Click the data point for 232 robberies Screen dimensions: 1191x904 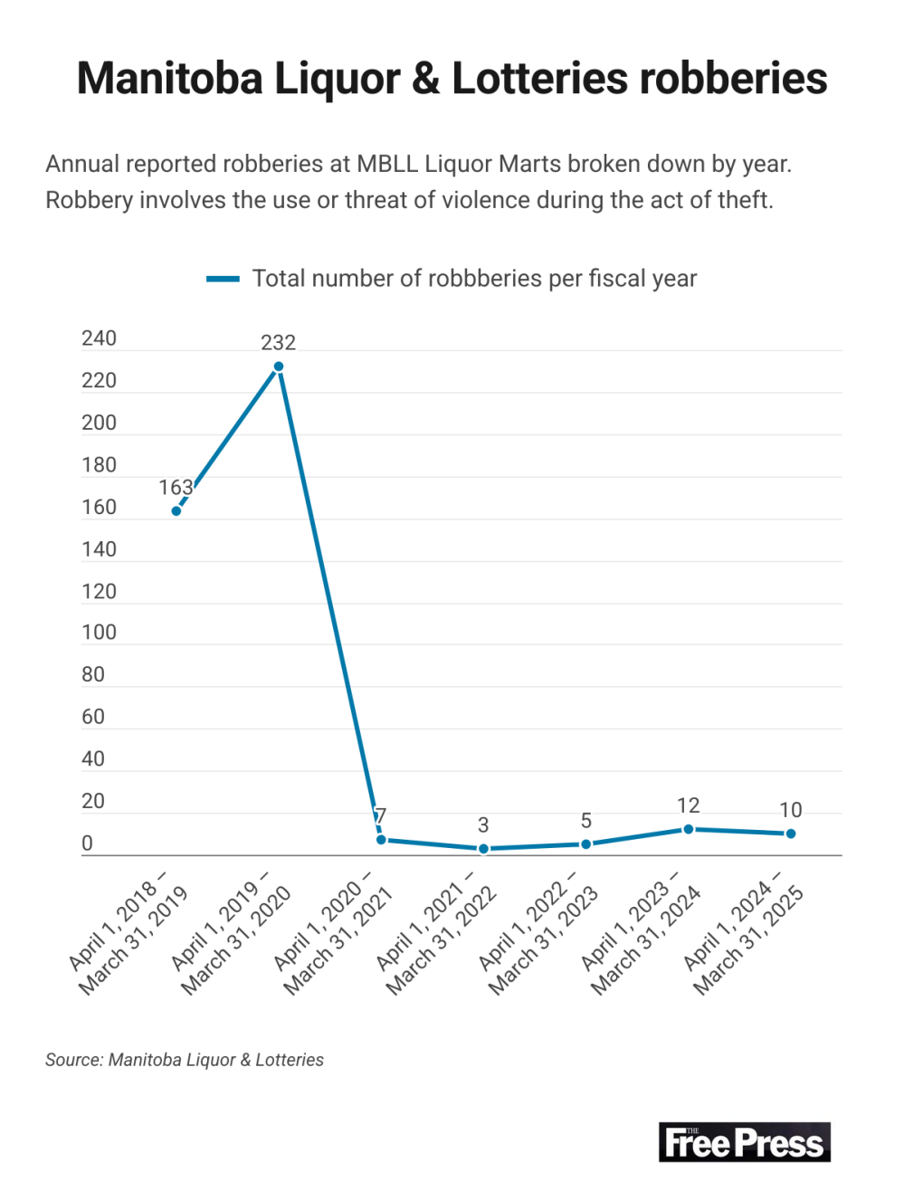279,367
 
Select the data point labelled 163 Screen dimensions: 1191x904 176,511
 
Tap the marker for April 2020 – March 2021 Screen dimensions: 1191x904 381,840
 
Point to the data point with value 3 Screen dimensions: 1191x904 483,849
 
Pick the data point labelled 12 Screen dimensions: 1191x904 689,829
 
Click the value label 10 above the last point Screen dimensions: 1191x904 791,810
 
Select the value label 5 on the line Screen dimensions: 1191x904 586,821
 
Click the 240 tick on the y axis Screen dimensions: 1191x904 99,338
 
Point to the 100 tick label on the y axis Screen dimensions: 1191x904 99,633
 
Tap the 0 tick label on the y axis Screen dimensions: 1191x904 87,843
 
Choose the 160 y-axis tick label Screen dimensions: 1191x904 99,507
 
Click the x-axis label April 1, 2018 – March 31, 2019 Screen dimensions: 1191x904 128,932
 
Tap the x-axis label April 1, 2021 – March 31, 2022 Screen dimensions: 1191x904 436,932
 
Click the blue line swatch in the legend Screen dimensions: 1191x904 223,279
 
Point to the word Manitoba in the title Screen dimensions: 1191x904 169,79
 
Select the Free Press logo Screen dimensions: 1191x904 744,1143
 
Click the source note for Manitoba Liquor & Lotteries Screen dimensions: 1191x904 185,1060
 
